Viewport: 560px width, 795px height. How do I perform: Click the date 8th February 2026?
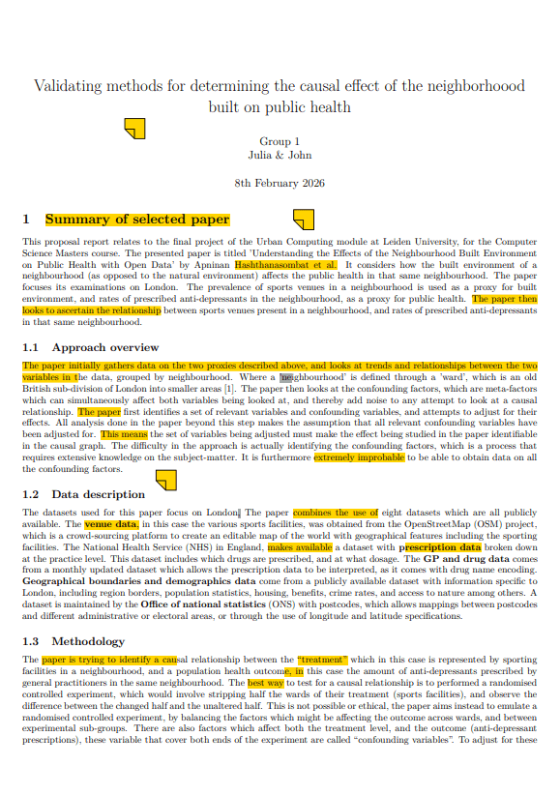280,182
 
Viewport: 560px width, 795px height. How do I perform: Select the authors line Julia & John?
280,155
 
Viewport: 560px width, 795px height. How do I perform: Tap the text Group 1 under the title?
280,141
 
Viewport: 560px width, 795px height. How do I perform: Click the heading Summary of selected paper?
137,220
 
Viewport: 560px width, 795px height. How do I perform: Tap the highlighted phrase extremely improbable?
359,457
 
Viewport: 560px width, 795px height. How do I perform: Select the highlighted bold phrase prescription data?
440,546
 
